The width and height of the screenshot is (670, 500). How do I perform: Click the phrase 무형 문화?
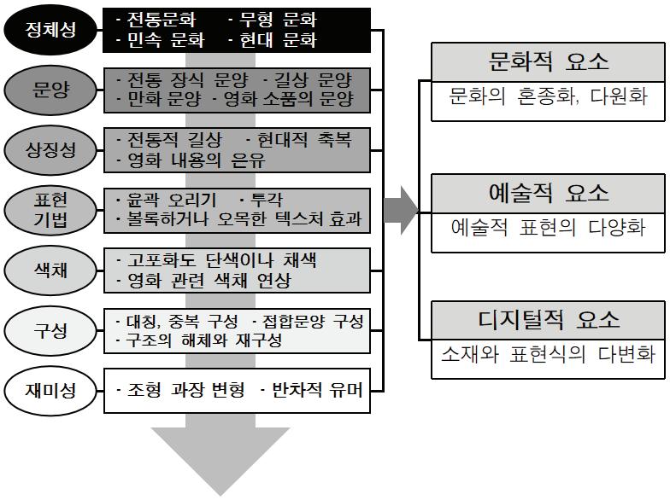pyautogui.click(x=273, y=19)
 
